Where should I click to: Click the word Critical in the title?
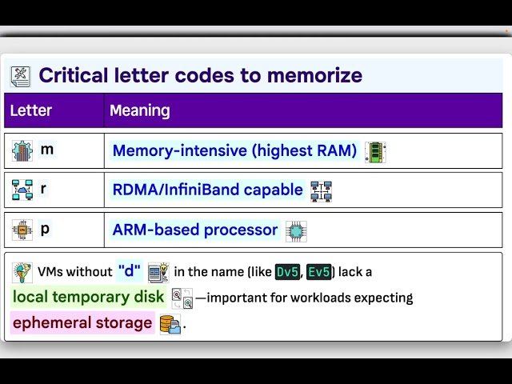73,75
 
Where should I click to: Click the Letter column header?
31,110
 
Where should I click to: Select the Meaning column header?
140,110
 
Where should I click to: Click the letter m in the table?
47,150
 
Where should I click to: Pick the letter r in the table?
43,189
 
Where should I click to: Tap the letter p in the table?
45,230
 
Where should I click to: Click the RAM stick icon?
375,152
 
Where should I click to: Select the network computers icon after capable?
322,191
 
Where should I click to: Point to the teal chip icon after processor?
296,231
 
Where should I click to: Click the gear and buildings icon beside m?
22,151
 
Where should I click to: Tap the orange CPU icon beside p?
22,230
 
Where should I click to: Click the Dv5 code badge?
287,272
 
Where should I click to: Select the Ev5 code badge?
319,272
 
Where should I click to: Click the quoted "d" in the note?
130,270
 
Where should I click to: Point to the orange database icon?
170,324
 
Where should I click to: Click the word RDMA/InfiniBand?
174,190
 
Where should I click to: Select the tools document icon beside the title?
21,77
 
